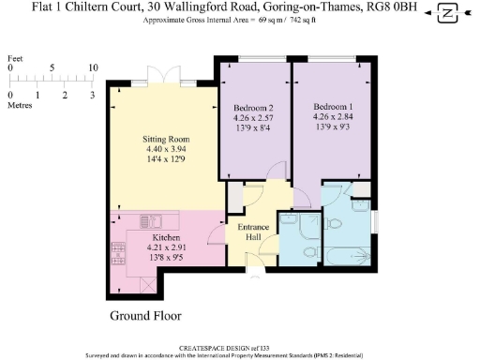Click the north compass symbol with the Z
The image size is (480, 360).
click(x=448, y=13)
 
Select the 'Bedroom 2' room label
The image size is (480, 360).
click(x=253, y=109)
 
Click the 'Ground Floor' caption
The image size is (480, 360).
click(x=145, y=316)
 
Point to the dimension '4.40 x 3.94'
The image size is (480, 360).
click(x=153, y=150)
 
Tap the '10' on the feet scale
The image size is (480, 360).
click(x=93, y=68)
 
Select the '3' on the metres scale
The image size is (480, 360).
click(x=93, y=96)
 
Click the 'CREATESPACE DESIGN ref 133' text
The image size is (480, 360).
click(x=240, y=346)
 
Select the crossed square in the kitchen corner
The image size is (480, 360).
click(x=142, y=284)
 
